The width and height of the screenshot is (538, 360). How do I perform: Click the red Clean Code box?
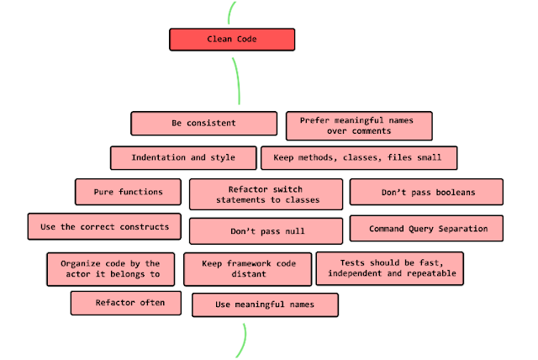[x=232, y=40]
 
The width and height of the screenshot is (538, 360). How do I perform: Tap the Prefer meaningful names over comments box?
[x=360, y=125]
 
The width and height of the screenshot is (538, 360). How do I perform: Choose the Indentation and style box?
[x=182, y=158]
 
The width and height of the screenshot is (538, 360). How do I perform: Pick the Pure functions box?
[x=129, y=192]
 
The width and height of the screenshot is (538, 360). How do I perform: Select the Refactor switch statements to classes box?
[x=266, y=193]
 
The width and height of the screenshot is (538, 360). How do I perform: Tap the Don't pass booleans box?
[x=426, y=192]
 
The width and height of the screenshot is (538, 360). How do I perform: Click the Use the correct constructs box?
[x=104, y=226]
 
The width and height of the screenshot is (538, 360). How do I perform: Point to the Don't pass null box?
[x=266, y=230]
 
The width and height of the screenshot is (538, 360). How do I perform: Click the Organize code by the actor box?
[x=110, y=269]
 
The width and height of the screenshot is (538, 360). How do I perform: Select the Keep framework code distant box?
[x=247, y=269]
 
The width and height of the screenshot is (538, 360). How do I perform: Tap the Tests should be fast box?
[x=391, y=268]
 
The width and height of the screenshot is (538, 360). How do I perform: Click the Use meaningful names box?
[x=265, y=304]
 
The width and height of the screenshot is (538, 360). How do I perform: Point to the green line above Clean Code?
[x=229, y=12]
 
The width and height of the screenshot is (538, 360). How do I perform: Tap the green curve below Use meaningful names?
[x=244, y=341]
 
